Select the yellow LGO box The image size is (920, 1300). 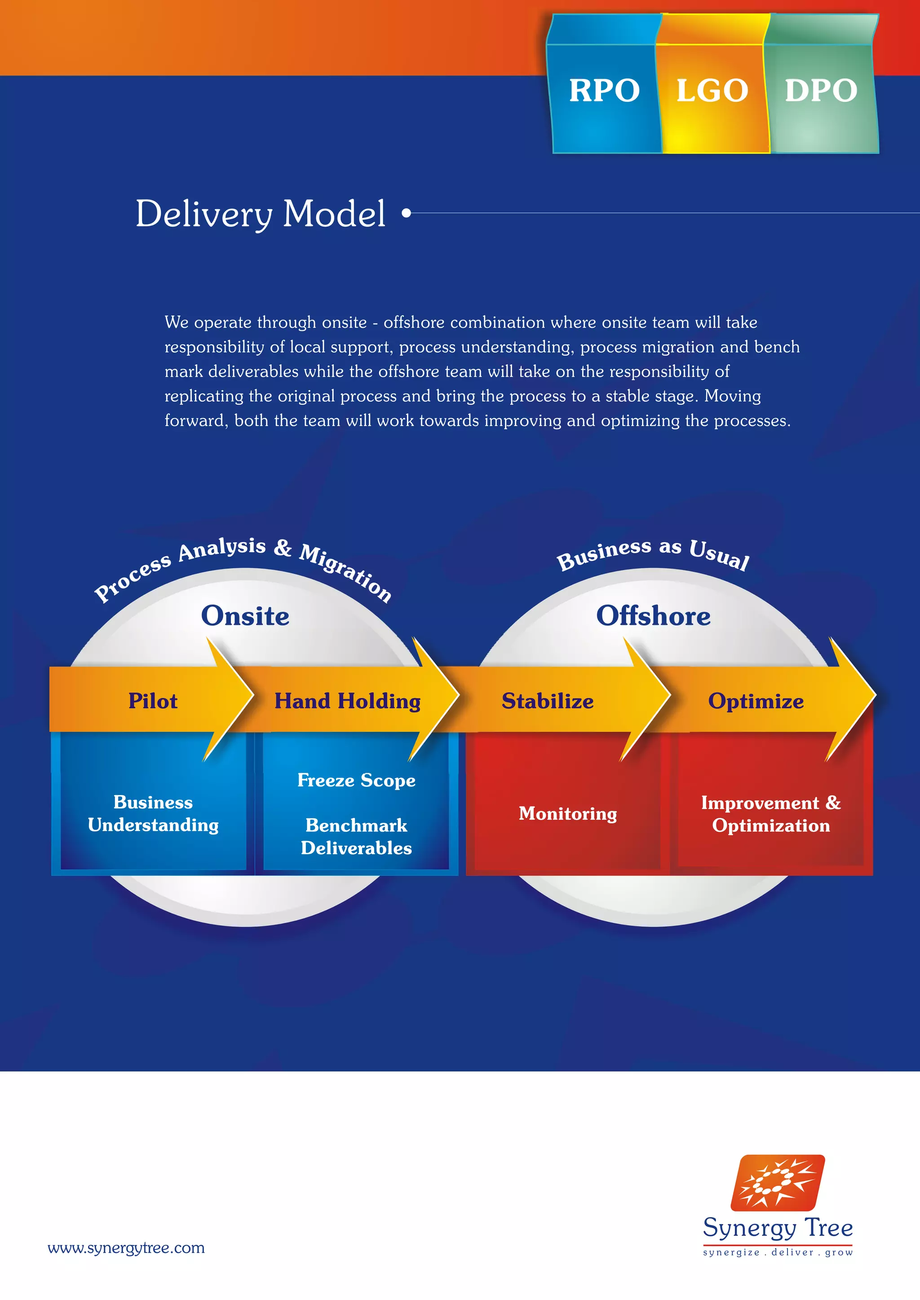coord(712,91)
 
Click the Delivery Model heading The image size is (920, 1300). coord(261,214)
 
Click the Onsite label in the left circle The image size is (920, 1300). coord(245,616)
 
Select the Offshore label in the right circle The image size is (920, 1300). coord(653,616)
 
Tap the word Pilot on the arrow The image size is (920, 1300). coord(152,701)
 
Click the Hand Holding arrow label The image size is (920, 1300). coord(347,701)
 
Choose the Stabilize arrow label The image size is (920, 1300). coord(547,701)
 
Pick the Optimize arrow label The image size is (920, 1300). coord(756,701)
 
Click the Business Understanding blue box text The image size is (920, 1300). coord(153,814)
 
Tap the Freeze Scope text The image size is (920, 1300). coord(356,780)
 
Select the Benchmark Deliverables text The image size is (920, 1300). coord(356,836)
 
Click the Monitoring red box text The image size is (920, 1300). coord(568,814)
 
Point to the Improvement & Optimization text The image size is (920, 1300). coord(770,814)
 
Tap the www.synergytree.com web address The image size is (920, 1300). coord(126,1248)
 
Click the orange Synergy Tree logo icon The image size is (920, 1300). coord(777,1183)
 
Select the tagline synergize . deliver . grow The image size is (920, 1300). coord(777,1252)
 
